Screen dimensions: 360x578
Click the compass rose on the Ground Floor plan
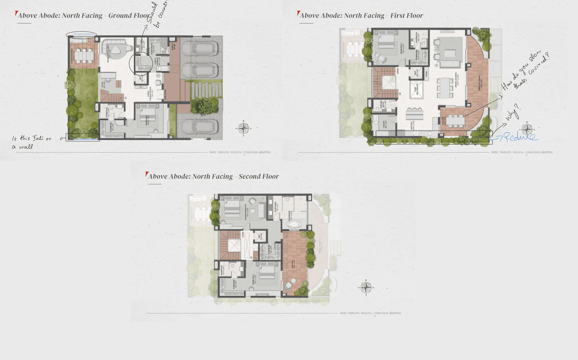[x=244, y=128]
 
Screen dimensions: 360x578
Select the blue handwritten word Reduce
[x=520, y=136]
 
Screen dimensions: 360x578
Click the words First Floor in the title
[x=407, y=15]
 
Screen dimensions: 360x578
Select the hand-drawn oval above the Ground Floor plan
[x=81, y=35]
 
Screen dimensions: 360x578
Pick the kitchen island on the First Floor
[x=414, y=113]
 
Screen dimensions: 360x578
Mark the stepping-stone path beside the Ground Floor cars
[x=205, y=89]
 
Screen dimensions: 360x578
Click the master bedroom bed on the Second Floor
[x=231, y=208]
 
